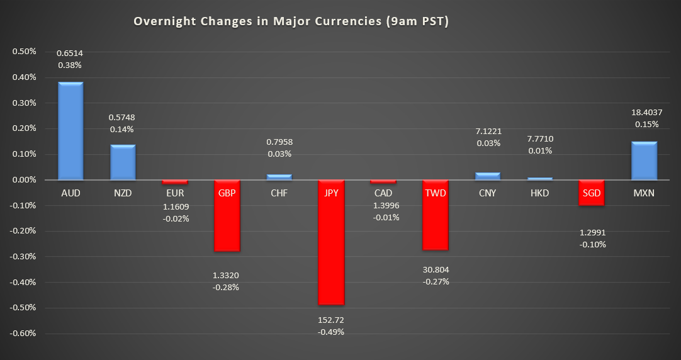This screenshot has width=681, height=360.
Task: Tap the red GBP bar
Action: click(227, 220)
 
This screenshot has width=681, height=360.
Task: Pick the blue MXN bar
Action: click(644, 161)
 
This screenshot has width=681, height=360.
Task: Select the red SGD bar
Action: click(592, 196)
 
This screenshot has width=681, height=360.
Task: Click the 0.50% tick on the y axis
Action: click(24, 52)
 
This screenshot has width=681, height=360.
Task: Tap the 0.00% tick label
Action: click(24, 180)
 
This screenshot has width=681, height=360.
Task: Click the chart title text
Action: click(291, 21)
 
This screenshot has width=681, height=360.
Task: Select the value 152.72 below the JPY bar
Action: click(331, 320)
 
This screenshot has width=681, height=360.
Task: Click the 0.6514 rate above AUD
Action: click(70, 53)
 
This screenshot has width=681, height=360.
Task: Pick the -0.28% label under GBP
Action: click(227, 287)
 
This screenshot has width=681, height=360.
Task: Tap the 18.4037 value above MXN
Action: click(644, 112)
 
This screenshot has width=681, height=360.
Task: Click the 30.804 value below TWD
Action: click(436, 269)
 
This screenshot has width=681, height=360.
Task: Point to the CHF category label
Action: click(279, 193)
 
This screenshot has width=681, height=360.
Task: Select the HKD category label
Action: click(539, 193)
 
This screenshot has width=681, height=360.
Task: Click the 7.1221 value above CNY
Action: click(488, 131)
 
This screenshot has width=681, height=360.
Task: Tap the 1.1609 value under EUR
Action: click(175, 206)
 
